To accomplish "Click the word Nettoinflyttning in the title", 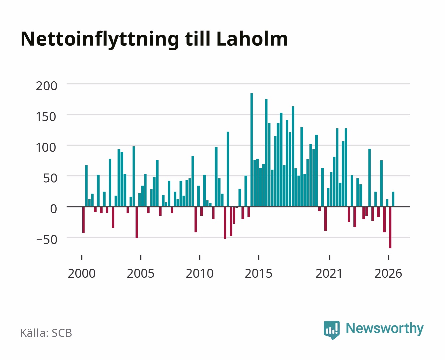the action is coord(100,40).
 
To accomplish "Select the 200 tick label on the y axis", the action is coord(47,86).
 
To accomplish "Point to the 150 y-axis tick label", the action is coord(47,117).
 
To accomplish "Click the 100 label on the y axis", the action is coord(47,147).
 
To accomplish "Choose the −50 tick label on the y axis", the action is coord(47,240).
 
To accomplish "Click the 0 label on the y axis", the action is coord(54,209).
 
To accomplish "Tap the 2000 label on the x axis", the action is coord(82,273).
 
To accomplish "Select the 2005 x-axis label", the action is coord(141,273).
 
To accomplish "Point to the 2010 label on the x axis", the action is coord(200,273).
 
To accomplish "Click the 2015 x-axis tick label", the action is coord(259,273).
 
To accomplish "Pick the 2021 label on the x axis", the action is coord(329,273).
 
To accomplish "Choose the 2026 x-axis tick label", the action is coord(388,273).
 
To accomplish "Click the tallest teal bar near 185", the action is coord(251,150).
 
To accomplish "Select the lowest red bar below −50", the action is coord(390,227).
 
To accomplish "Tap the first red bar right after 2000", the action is coord(83,220).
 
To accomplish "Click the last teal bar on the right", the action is coord(393,199).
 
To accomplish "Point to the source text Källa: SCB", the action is coord(46,333).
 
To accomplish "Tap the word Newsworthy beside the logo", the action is coord(385,328).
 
